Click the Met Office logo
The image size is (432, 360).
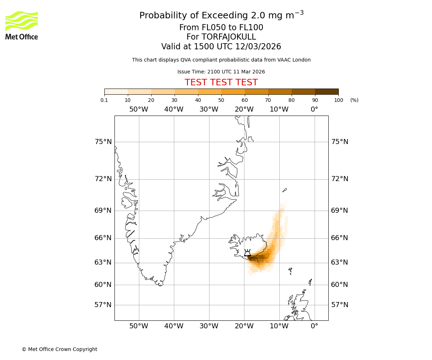pyautogui.click(x=22, y=25)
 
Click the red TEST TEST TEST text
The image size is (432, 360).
pyautogui.click(x=221, y=82)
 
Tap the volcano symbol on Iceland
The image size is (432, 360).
pyautogui.click(x=247, y=253)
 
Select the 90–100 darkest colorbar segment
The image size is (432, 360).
pyautogui.click(x=327, y=91)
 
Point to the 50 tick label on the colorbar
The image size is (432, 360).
pyautogui.click(x=221, y=100)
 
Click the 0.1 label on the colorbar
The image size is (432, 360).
pyautogui.click(x=104, y=100)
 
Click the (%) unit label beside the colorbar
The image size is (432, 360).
pyautogui.click(x=354, y=100)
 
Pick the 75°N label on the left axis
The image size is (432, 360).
pyautogui.click(x=103, y=142)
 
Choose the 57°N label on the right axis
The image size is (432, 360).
pyautogui.click(x=339, y=305)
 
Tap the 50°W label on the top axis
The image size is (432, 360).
pyautogui.click(x=139, y=109)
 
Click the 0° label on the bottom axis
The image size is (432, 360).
pyautogui.click(x=314, y=326)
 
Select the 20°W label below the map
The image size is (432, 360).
pyautogui.click(x=244, y=326)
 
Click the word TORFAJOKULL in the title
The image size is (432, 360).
pyautogui.click(x=229, y=37)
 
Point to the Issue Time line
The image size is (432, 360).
pyautogui.click(x=221, y=72)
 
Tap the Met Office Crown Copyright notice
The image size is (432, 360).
pyautogui.click(x=59, y=349)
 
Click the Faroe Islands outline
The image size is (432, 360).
pyautogui.click(x=290, y=270)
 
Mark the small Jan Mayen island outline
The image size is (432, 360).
pyautogui.click(x=284, y=190)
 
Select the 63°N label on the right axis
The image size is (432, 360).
pyautogui.click(x=339, y=262)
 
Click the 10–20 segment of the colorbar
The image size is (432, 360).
pyautogui.click(x=139, y=91)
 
